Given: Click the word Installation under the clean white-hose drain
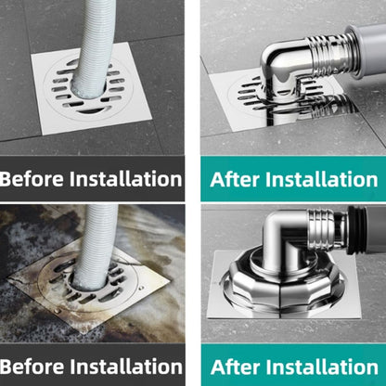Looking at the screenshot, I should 127,178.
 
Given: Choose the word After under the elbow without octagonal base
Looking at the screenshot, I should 237,178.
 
